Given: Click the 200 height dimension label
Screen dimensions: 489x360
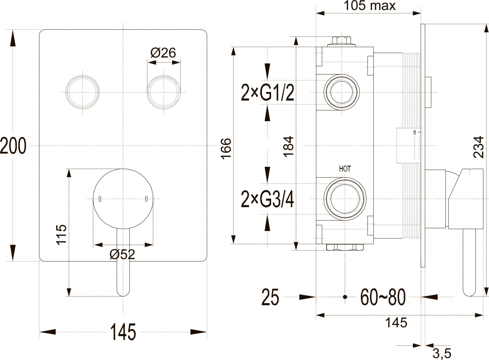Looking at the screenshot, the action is click(x=13, y=146).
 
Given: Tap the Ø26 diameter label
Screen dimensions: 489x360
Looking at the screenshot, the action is click(x=163, y=53).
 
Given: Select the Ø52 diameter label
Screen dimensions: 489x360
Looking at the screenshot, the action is click(x=122, y=254).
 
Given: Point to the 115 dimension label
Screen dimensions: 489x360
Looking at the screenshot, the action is click(x=61, y=235).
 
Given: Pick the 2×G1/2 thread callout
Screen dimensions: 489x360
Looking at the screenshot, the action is click(x=268, y=93).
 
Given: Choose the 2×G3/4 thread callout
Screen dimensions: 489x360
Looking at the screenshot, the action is click(x=268, y=199).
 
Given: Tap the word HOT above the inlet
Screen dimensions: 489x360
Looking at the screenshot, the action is click(x=345, y=169).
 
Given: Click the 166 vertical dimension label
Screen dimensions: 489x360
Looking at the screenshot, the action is click(x=226, y=149).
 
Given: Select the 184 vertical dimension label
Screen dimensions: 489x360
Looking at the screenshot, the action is click(x=288, y=146).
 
